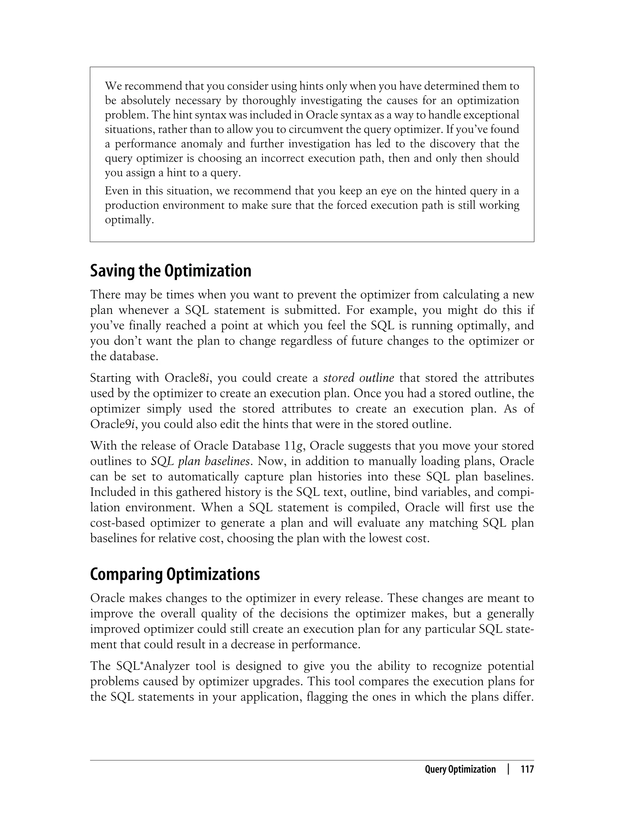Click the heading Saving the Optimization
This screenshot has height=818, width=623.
[171, 271]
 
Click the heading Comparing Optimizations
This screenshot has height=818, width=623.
[175, 574]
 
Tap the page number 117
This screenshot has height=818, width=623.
[527, 769]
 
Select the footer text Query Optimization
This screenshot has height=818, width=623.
[460, 769]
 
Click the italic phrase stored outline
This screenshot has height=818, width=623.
[359, 378]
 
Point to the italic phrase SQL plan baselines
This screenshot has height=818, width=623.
[200, 461]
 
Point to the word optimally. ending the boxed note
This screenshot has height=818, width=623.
[129, 220]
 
